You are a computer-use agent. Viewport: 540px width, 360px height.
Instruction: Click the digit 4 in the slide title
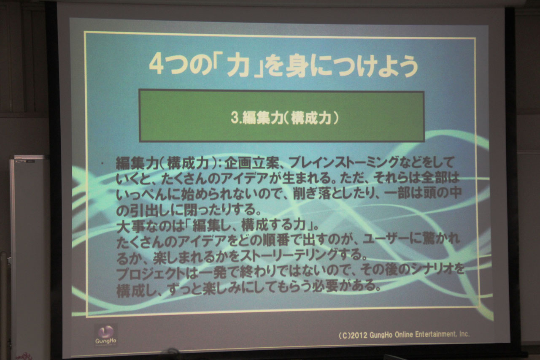click(157, 65)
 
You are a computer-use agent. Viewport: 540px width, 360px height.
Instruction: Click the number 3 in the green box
click(234, 118)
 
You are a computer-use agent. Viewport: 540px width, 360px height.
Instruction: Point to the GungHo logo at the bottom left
click(106, 334)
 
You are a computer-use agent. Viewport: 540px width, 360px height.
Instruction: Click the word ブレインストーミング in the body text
click(343, 162)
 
